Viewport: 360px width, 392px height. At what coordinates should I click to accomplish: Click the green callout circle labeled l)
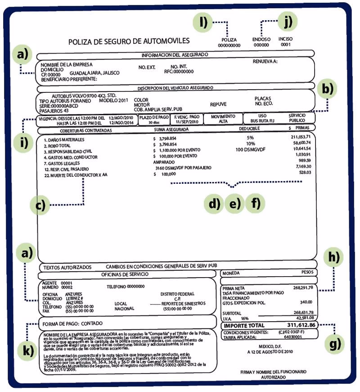(203, 23)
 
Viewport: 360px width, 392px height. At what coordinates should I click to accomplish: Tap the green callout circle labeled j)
(288, 21)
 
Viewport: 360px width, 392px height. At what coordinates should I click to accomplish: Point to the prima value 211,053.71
(301, 137)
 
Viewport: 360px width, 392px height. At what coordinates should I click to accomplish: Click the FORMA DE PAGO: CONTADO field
(72, 324)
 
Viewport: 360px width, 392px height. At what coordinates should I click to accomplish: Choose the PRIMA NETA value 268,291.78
(303, 287)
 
